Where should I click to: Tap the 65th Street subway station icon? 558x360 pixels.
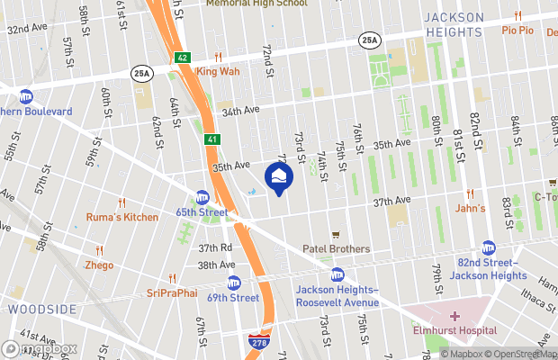pos(202,197)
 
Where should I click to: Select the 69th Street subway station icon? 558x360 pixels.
pos(234,283)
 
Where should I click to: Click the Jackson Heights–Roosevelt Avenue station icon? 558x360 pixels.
pos(337,274)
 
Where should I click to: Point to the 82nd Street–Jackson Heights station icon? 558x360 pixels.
pos(489,247)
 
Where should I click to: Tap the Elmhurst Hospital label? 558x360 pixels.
pos(454,329)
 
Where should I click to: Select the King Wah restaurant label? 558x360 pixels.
pos(218,71)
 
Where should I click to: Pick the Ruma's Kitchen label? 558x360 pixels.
pos(122,217)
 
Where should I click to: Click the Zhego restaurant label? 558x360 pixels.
pos(99,266)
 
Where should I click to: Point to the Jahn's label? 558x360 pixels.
pos(469,209)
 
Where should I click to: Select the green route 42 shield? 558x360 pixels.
pos(183,57)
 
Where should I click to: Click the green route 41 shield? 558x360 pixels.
pos(210,139)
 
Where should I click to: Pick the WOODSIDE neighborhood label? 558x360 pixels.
pos(42,309)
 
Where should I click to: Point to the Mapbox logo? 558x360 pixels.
pos(39,348)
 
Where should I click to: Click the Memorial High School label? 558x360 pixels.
pos(256,4)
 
